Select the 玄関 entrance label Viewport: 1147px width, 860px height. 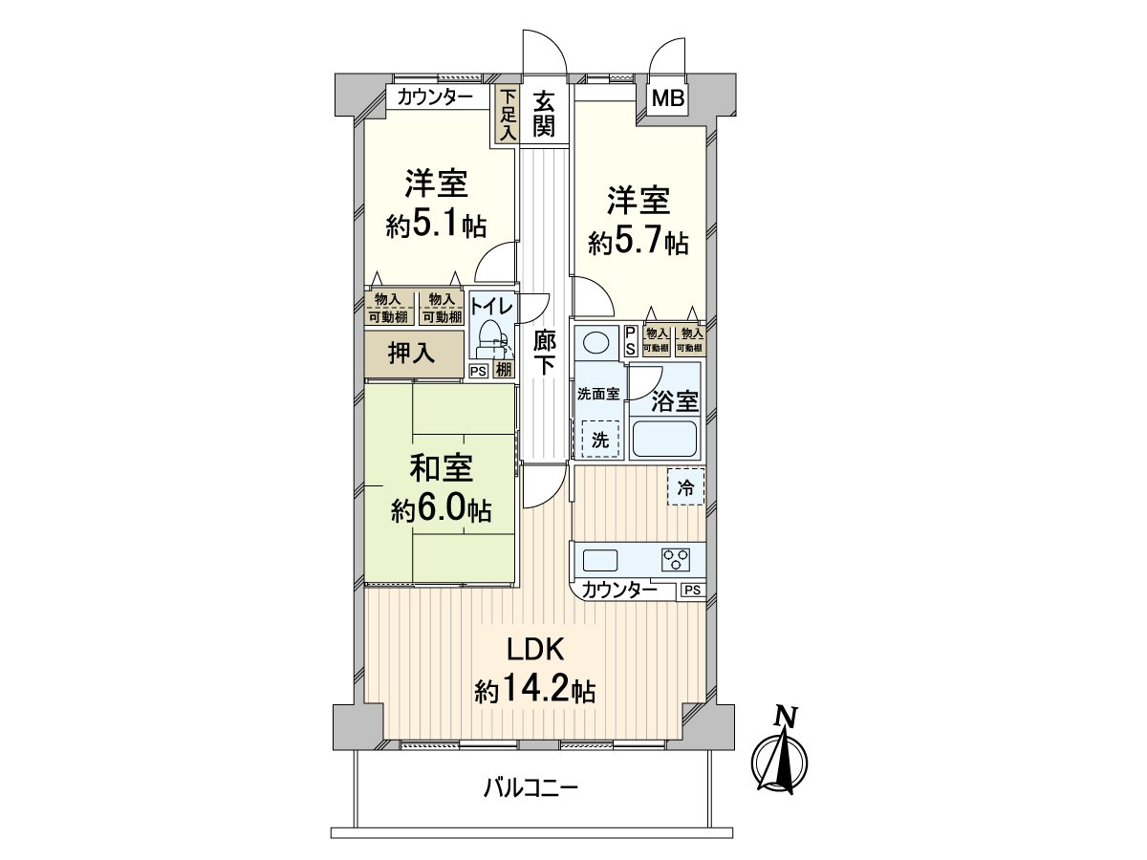tap(544, 112)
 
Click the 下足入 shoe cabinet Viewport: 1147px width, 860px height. tap(506, 115)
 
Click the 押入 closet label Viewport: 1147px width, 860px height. tap(412, 353)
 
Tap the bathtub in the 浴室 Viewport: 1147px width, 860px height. tap(666, 439)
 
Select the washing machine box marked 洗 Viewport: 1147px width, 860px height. tap(598, 440)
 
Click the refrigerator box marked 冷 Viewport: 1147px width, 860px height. tap(685, 486)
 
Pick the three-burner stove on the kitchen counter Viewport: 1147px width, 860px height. tap(675, 558)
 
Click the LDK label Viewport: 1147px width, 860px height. tap(536, 650)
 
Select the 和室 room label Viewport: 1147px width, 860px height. tap(441, 470)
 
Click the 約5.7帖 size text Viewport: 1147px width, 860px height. tap(638, 243)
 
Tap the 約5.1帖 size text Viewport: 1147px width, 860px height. tap(436, 226)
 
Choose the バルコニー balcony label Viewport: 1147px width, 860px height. tap(530, 788)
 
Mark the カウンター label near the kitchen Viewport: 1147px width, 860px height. tap(619, 590)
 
